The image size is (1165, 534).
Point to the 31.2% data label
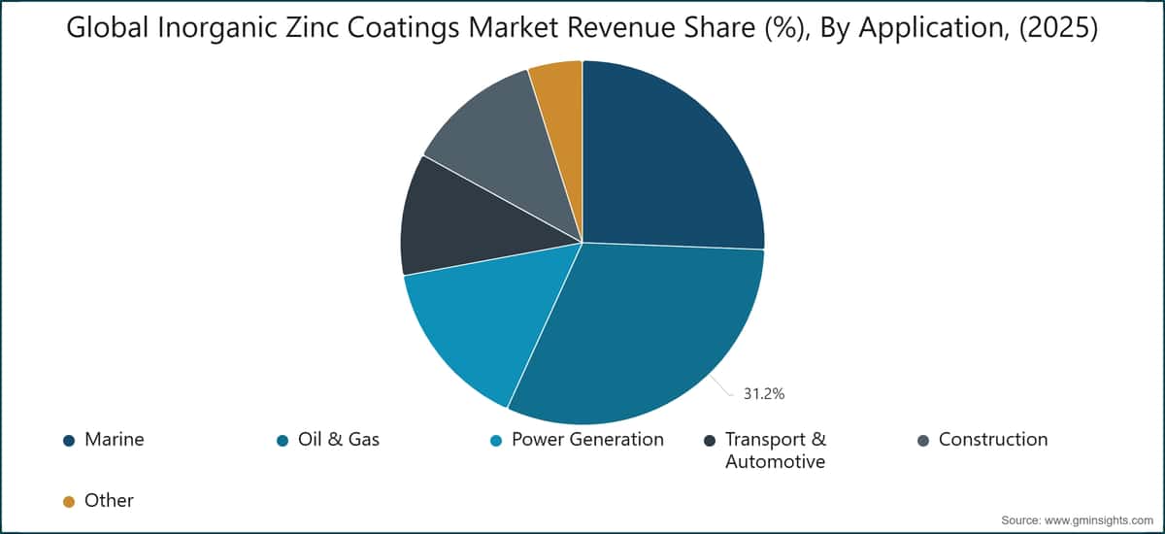point(763,394)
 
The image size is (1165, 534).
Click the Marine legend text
point(115,440)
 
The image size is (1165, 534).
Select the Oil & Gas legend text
point(339,440)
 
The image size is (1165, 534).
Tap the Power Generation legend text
point(587,440)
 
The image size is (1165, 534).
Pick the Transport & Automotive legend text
point(776,451)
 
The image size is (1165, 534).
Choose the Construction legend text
point(993,440)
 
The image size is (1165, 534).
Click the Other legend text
point(109,501)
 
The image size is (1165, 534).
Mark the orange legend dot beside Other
point(69,502)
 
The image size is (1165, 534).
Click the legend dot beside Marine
point(69,441)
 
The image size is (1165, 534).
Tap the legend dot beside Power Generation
point(496,441)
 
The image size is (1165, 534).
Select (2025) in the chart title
point(1058,27)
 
